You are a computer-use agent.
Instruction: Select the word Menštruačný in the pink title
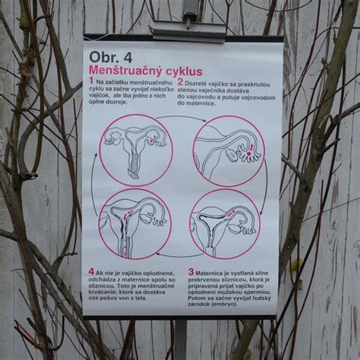(128, 71)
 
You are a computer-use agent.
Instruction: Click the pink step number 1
(91, 81)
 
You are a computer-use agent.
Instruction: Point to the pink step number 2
(180, 81)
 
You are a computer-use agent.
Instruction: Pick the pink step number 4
(91, 270)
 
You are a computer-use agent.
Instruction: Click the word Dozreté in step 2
(201, 82)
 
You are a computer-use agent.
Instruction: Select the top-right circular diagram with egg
(228, 150)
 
